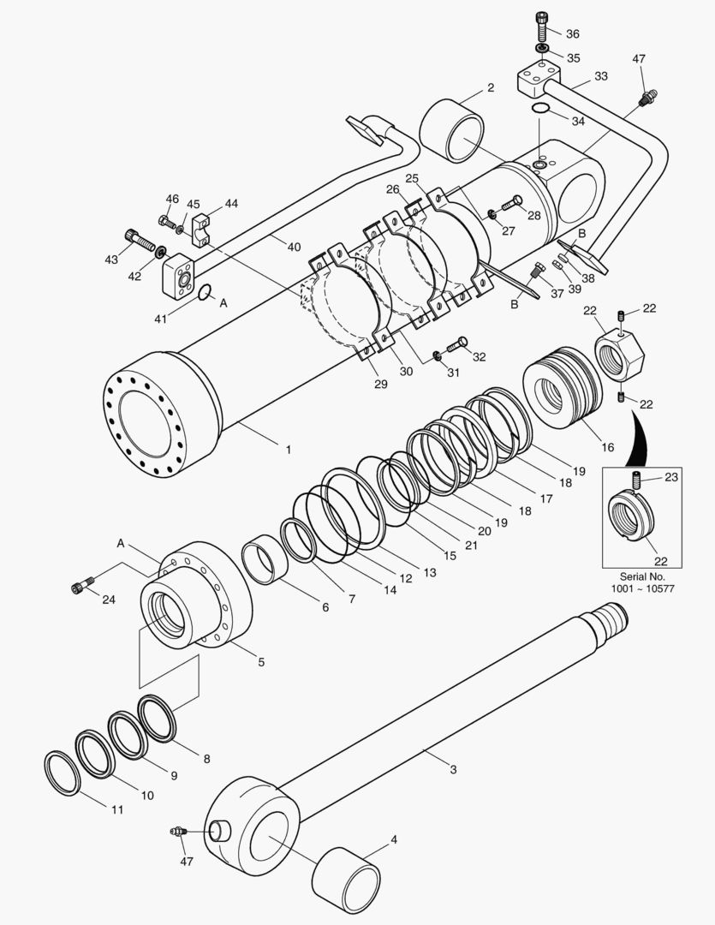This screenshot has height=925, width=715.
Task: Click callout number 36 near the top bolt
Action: coord(573,34)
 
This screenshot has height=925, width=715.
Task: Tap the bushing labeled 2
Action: coord(453,129)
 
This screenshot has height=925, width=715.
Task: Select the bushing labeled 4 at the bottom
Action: coord(348,882)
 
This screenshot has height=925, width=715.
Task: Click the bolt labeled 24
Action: coord(79,587)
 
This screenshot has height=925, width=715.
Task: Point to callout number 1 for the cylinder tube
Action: coord(289,449)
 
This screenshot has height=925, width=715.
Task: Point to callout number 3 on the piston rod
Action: coord(453,770)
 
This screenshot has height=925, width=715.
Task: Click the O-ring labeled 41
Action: coord(205,294)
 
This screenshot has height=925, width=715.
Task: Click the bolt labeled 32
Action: coord(456,344)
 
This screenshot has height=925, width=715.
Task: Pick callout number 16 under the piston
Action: coord(607,447)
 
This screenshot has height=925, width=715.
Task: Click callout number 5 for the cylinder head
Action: coord(260,661)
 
